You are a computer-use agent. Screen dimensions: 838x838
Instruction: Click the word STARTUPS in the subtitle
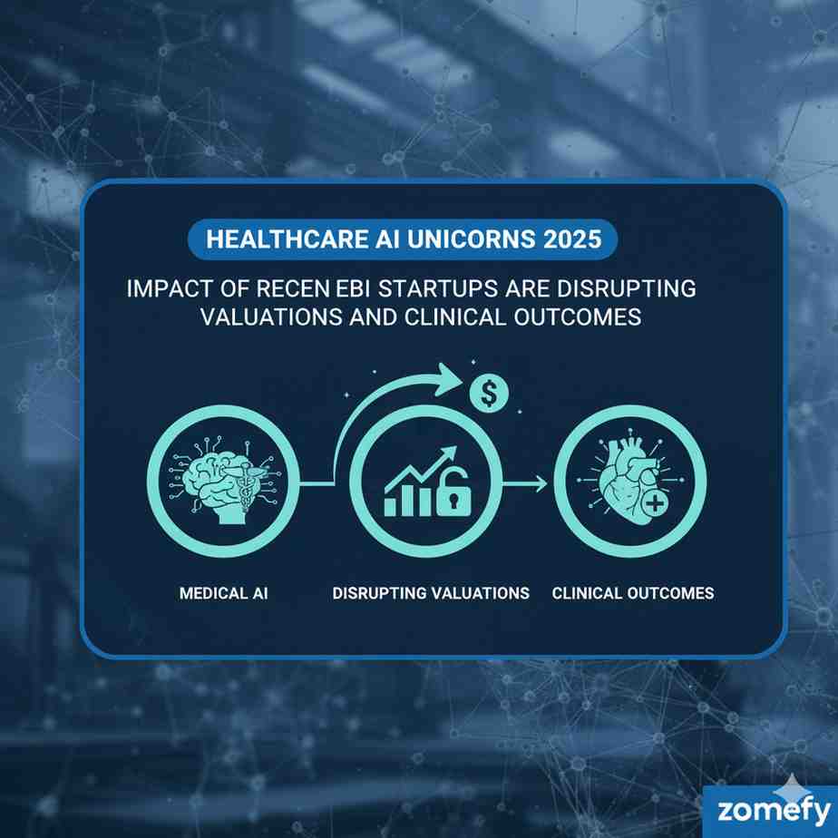click(439, 289)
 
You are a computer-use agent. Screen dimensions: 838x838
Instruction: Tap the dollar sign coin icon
click(489, 394)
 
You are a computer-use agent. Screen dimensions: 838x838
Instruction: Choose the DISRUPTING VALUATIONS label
click(431, 593)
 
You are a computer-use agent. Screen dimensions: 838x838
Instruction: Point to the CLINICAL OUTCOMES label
click(632, 593)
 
